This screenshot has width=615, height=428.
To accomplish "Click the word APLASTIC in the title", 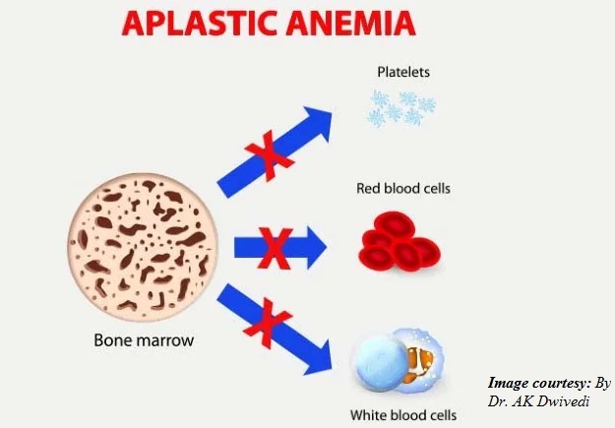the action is pos(199,24).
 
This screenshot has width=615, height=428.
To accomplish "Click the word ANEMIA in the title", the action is pos(350,24).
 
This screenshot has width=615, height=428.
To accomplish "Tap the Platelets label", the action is pos(403,72).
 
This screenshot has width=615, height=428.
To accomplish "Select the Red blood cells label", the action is pos(403,188).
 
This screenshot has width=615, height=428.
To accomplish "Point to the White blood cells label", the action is pos(403,414).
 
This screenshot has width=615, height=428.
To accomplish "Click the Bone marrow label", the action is pos(144,339).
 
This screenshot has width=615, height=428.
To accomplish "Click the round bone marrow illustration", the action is pos(143,247).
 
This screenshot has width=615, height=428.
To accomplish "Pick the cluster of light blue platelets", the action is pos(401,108).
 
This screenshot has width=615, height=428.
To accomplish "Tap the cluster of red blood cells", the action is pos(400,241).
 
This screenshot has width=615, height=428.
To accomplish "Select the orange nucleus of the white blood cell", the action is pos(420,365).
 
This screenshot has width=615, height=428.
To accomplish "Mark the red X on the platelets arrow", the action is pos(270,155).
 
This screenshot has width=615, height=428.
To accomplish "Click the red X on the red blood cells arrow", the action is pos(276,248).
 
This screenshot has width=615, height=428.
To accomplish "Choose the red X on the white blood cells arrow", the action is pos(268,324).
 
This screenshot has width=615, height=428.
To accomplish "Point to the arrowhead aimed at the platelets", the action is pos(316,122).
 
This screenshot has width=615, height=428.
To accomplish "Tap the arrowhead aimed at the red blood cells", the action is pos(316,248).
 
